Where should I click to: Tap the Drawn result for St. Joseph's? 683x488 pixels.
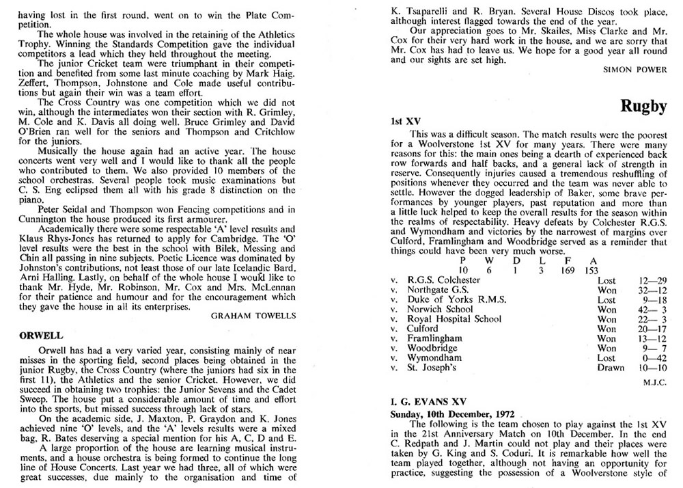pos(610,368)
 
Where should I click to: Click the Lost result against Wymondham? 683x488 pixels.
pos(607,357)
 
